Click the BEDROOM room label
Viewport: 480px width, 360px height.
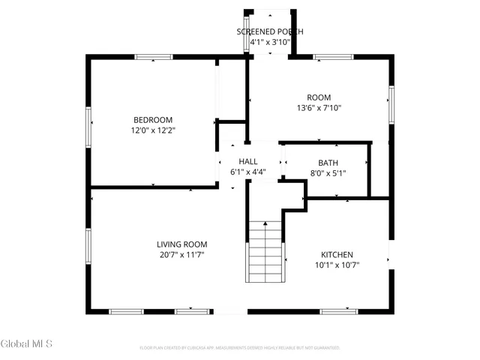click(x=153, y=120)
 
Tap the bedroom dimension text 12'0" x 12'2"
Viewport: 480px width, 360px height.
click(x=153, y=130)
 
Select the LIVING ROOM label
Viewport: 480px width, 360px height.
click(x=181, y=244)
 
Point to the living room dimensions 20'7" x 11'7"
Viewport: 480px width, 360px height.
click(x=181, y=255)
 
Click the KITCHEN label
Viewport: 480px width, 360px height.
click(x=337, y=255)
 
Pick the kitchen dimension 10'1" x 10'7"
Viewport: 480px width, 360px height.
click(x=337, y=265)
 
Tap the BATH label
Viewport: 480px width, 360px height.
click(x=328, y=163)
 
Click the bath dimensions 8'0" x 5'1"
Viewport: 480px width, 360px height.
click(x=328, y=173)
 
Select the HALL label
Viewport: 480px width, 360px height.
click(x=248, y=162)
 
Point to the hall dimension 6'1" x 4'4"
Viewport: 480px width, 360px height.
click(x=248, y=172)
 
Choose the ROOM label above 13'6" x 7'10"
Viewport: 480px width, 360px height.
click(x=319, y=97)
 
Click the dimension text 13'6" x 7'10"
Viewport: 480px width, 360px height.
click(x=319, y=108)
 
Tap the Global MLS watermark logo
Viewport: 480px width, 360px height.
click(x=27, y=343)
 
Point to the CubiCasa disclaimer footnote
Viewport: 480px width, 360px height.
click(x=240, y=348)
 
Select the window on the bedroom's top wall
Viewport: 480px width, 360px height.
click(x=154, y=56)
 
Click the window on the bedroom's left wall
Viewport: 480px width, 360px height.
click(x=89, y=123)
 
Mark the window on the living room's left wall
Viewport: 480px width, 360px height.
click(x=89, y=247)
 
